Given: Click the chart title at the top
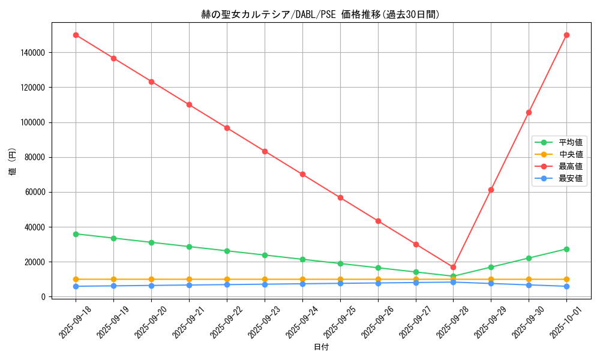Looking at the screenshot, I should pyautogui.click(x=320, y=14).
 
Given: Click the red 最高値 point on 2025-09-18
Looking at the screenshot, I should pyautogui.click(x=76, y=35).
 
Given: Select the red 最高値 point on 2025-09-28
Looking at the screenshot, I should pyautogui.click(x=453, y=267).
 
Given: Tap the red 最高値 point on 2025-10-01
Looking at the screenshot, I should pyautogui.click(x=566, y=35).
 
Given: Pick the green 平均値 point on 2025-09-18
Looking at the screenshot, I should pyautogui.click(x=76, y=234).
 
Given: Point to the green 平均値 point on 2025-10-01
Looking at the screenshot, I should pyautogui.click(x=566, y=249).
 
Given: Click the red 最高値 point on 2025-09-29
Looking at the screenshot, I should pyautogui.click(x=491, y=190).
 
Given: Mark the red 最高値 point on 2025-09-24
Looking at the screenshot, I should pyautogui.click(x=302, y=174).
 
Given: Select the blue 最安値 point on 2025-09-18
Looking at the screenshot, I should pyautogui.click(x=76, y=286).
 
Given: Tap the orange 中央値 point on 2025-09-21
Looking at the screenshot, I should pyautogui.click(x=189, y=279).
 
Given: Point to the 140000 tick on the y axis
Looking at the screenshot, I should pyautogui.click(x=32, y=53).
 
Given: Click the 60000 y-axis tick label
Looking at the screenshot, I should pyautogui.click(x=34, y=193).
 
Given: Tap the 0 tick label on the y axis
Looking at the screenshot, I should pyautogui.click(x=43, y=297).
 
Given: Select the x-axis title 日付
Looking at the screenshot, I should pyautogui.click(x=321, y=347).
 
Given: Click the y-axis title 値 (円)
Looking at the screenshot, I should pyautogui.click(x=13, y=162).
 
